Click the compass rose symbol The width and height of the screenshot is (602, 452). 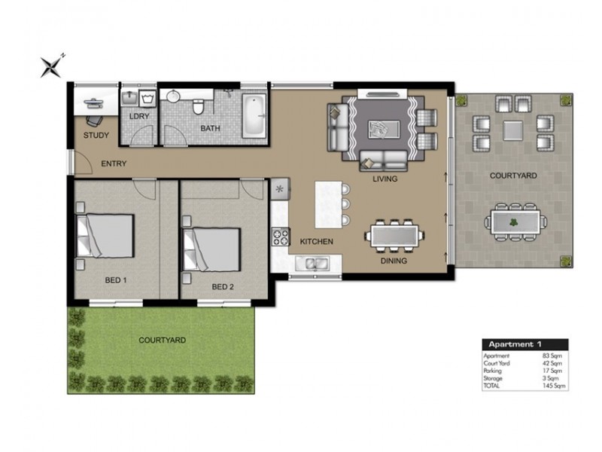point(51,67)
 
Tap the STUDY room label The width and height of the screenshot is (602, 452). point(96,136)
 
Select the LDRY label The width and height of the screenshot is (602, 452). point(139,116)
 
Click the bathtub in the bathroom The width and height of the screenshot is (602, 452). point(254,115)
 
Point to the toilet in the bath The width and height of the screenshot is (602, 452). point(198,106)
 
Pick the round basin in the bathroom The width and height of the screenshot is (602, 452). point(174,96)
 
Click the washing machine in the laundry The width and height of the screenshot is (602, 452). point(147,99)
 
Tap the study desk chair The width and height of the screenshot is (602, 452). point(94,121)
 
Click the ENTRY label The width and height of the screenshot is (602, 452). point(114,163)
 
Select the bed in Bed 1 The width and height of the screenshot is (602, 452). point(105,236)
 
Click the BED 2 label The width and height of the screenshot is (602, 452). point(223,287)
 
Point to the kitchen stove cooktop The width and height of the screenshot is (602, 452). point(280,237)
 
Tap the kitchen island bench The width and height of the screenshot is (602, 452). point(329,205)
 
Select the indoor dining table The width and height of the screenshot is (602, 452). point(394,236)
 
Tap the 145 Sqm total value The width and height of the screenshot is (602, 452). point(554,386)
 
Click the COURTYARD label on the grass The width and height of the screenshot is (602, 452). point(162,341)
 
